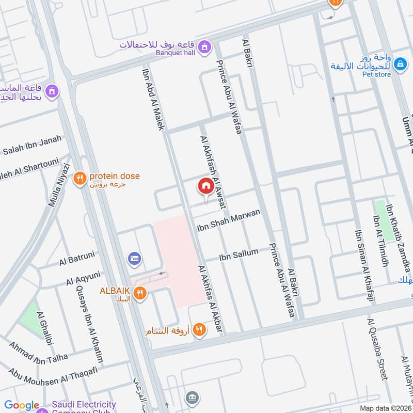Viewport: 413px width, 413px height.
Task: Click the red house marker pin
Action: pos(205,186)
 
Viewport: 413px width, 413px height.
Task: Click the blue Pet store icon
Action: pos(399,65)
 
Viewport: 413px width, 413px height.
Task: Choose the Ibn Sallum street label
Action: pos(239,253)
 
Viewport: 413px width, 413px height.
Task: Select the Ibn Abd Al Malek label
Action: pos(152,98)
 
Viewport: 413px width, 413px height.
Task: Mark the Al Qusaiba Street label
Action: pos(377,348)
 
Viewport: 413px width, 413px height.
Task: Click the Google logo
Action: pos(22,406)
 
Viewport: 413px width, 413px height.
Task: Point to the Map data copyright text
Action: pos(385,408)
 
